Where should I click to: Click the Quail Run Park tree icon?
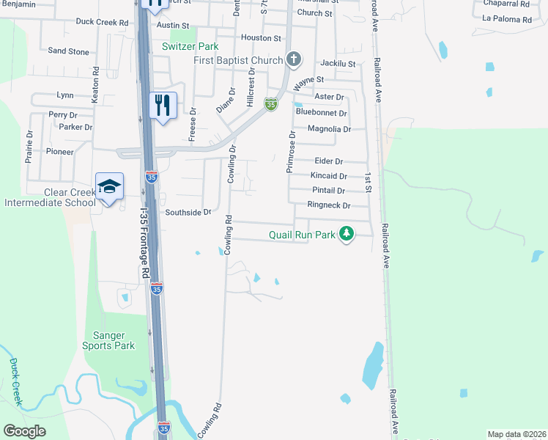[347, 235]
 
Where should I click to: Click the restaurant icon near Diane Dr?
[163, 104]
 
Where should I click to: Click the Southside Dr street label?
[188, 212]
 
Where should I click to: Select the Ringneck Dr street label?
[329, 205]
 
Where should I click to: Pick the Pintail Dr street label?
[329, 190]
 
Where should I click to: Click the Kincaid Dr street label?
[329, 176]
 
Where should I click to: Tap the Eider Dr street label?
[329, 161]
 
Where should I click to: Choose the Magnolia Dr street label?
[329, 129]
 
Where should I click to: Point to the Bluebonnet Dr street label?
[321, 113]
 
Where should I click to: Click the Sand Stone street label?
[68, 51]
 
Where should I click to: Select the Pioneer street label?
[60, 152]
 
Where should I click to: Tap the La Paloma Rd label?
[506, 19]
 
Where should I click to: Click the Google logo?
[25, 431]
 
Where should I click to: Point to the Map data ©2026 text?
[516, 434]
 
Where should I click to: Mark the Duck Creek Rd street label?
[102, 22]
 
